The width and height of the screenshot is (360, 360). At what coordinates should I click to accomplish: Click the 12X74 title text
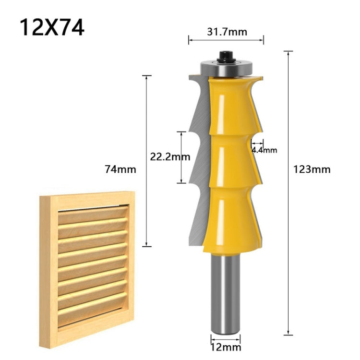pyautogui.click(x=52, y=27)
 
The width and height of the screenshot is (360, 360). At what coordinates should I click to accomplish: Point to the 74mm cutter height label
pyautogui.click(x=120, y=169)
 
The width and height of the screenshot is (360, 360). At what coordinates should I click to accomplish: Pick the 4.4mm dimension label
pyautogui.click(x=264, y=150)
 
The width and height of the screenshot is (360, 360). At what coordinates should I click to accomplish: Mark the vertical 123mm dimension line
pyautogui.click(x=288, y=192)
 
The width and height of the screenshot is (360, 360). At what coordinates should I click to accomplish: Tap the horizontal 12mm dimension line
pyautogui.click(x=225, y=335)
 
